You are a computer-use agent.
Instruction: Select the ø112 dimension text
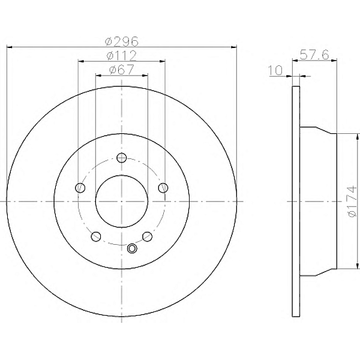click(x=122, y=56)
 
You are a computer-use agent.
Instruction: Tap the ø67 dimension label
click(x=122, y=70)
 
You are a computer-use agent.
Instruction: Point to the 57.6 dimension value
click(x=314, y=55)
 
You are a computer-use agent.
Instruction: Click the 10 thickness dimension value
click(x=275, y=70)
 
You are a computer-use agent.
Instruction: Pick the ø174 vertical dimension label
click(x=352, y=202)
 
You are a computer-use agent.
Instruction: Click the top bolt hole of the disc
click(x=121, y=157)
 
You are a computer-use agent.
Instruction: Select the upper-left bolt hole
click(x=80, y=188)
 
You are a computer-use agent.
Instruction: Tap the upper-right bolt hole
click(x=163, y=188)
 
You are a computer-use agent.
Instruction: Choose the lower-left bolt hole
click(x=96, y=236)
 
